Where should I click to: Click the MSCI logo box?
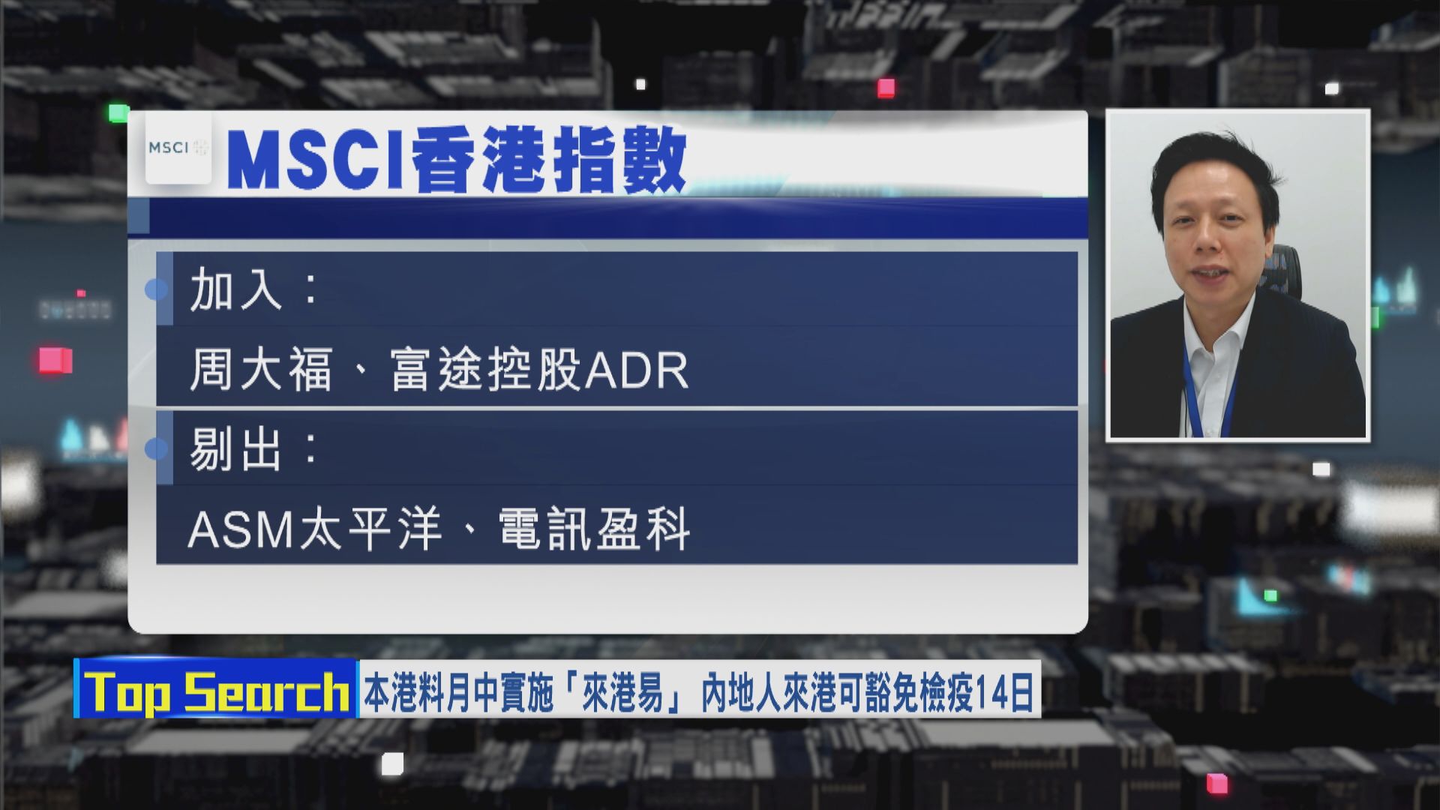(178, 148)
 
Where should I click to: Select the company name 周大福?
(260, 370)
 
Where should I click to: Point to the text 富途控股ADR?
(539, 370)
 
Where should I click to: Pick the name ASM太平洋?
(314, 529)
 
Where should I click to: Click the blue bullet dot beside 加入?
(156, 289)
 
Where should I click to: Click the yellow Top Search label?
(217, 691)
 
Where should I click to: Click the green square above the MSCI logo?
(118, 113)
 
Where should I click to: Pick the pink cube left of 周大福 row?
(56, 361)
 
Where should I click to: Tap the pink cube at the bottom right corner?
(1217, 784)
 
